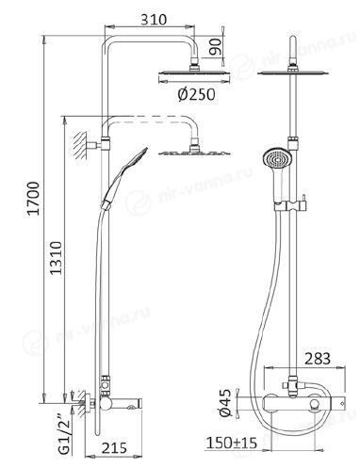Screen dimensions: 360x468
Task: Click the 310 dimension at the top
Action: (x=154, y=19)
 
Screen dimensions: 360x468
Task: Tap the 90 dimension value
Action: (x=216, y=46)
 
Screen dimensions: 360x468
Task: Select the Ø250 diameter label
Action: (x=197, y=94)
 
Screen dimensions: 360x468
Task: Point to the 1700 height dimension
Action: (x=33, y=198)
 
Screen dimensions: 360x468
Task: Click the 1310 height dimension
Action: (x=57, y=258)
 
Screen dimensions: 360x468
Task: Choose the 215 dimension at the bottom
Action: (x=114, y=448)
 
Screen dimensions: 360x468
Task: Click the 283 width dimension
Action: (x=318, y=359)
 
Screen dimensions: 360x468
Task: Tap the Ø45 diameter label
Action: (x=225, y=403)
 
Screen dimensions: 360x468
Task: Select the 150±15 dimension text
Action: (x=232, y=444)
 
